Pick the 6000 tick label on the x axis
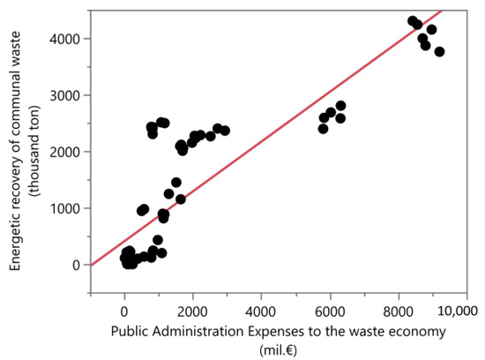pyautogui.click(x=330, y=311)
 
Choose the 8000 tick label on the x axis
pyautogui.click(x=399, y=311)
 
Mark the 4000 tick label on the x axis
pyautogui.click(x=261, y=311)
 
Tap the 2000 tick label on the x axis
pyautogui.click(x=193, y=311)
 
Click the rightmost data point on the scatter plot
pyautogui.click(x=439, y=52)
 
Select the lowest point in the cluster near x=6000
pyautogui.click(x=323, y=129)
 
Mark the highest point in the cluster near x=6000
pyautogui.click(x=340, y=106)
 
